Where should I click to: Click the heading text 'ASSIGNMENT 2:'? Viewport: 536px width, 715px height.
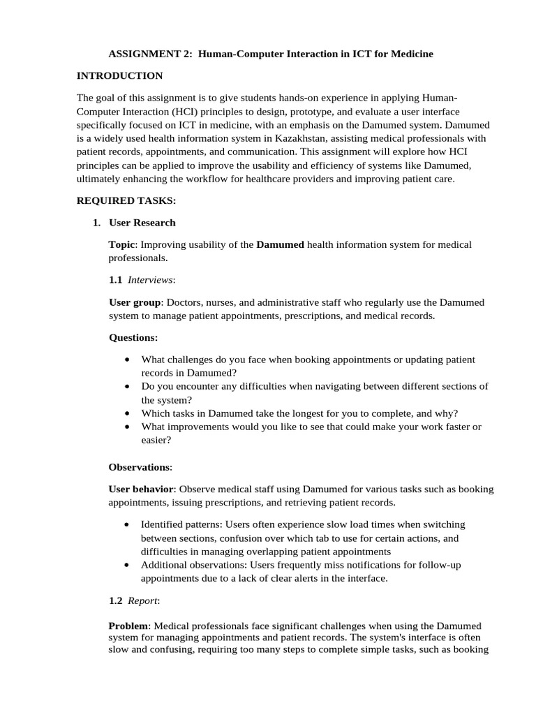coord(151,54)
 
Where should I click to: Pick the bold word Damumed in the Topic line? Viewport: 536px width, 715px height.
coord(281,244)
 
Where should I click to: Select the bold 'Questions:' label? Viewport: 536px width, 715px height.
coord(133,338)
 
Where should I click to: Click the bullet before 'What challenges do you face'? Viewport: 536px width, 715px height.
coord(126,360)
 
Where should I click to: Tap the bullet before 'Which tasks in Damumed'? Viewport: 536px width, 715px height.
coord(126,413)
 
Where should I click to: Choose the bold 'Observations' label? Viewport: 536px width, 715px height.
coord(139,466)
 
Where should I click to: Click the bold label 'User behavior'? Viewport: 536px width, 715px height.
coord(140,489)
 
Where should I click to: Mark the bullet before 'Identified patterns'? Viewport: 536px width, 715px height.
coord(126,524)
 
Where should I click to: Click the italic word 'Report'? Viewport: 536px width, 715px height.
coord(142,600)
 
